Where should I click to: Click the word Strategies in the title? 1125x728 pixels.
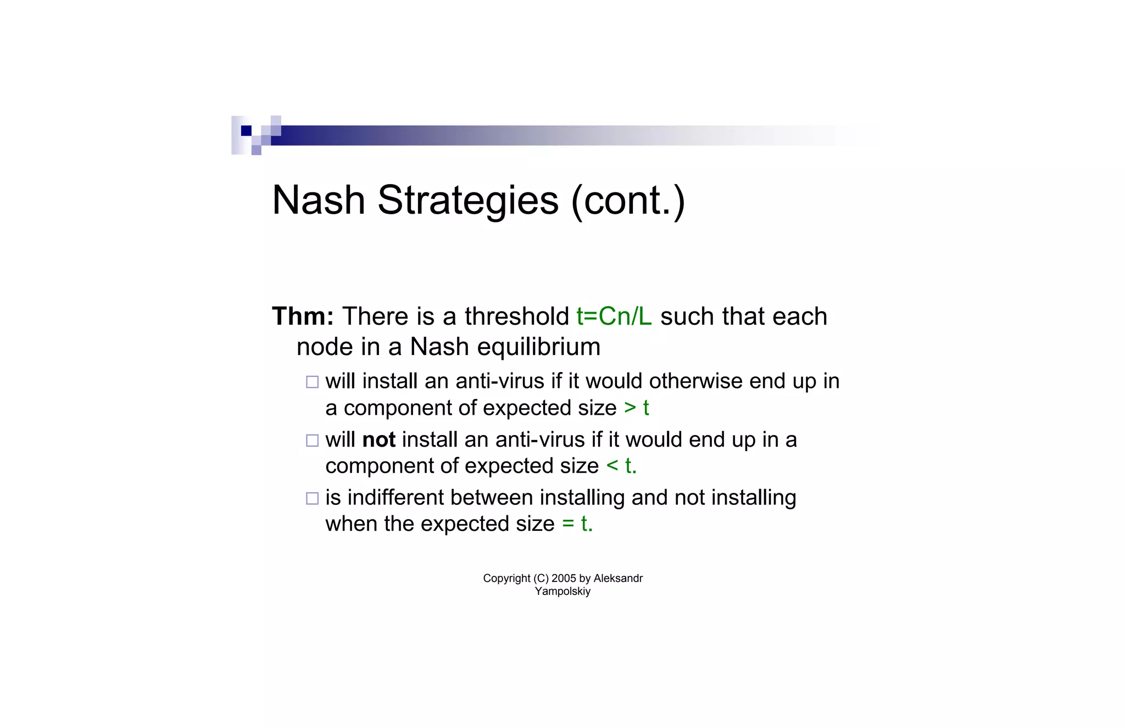click(x=467, y=201)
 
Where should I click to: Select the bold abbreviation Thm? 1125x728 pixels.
click(x=303, y=316)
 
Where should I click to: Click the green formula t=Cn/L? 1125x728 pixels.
click(x=614, y=316)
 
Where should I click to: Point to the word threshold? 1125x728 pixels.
click(x=516, y=316)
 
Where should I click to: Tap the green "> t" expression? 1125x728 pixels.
click(x=636, y=408)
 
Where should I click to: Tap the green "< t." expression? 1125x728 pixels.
click(x=621, y=466)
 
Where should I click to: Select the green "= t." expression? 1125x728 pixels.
click(x=577, y=524)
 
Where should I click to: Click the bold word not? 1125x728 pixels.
click(x=378, y=440)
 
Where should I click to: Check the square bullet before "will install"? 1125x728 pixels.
click(x=312, y=382)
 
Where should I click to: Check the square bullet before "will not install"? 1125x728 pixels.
click(x=312, y=440)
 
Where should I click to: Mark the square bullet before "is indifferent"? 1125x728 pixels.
click(x=312, y=498)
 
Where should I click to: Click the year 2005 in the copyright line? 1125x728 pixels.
click(x=564, y=579)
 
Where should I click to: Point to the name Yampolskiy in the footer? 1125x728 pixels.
click(x=562, y=592)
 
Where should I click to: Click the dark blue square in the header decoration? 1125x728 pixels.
click(x=246, y=131)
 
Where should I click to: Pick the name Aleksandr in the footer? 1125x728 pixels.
click(x=618, y=579)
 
